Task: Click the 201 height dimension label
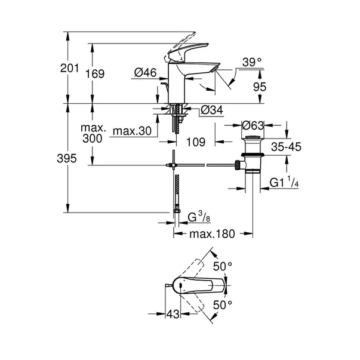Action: pos(70,69)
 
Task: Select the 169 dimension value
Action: pos(95,74)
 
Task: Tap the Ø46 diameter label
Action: pos(145,73)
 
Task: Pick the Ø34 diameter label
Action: pos(213,110)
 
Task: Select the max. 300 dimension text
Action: pos(93,133)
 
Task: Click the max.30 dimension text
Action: pos(132,130)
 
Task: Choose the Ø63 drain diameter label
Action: pos(254,126)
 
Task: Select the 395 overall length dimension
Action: pos(69,159)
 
